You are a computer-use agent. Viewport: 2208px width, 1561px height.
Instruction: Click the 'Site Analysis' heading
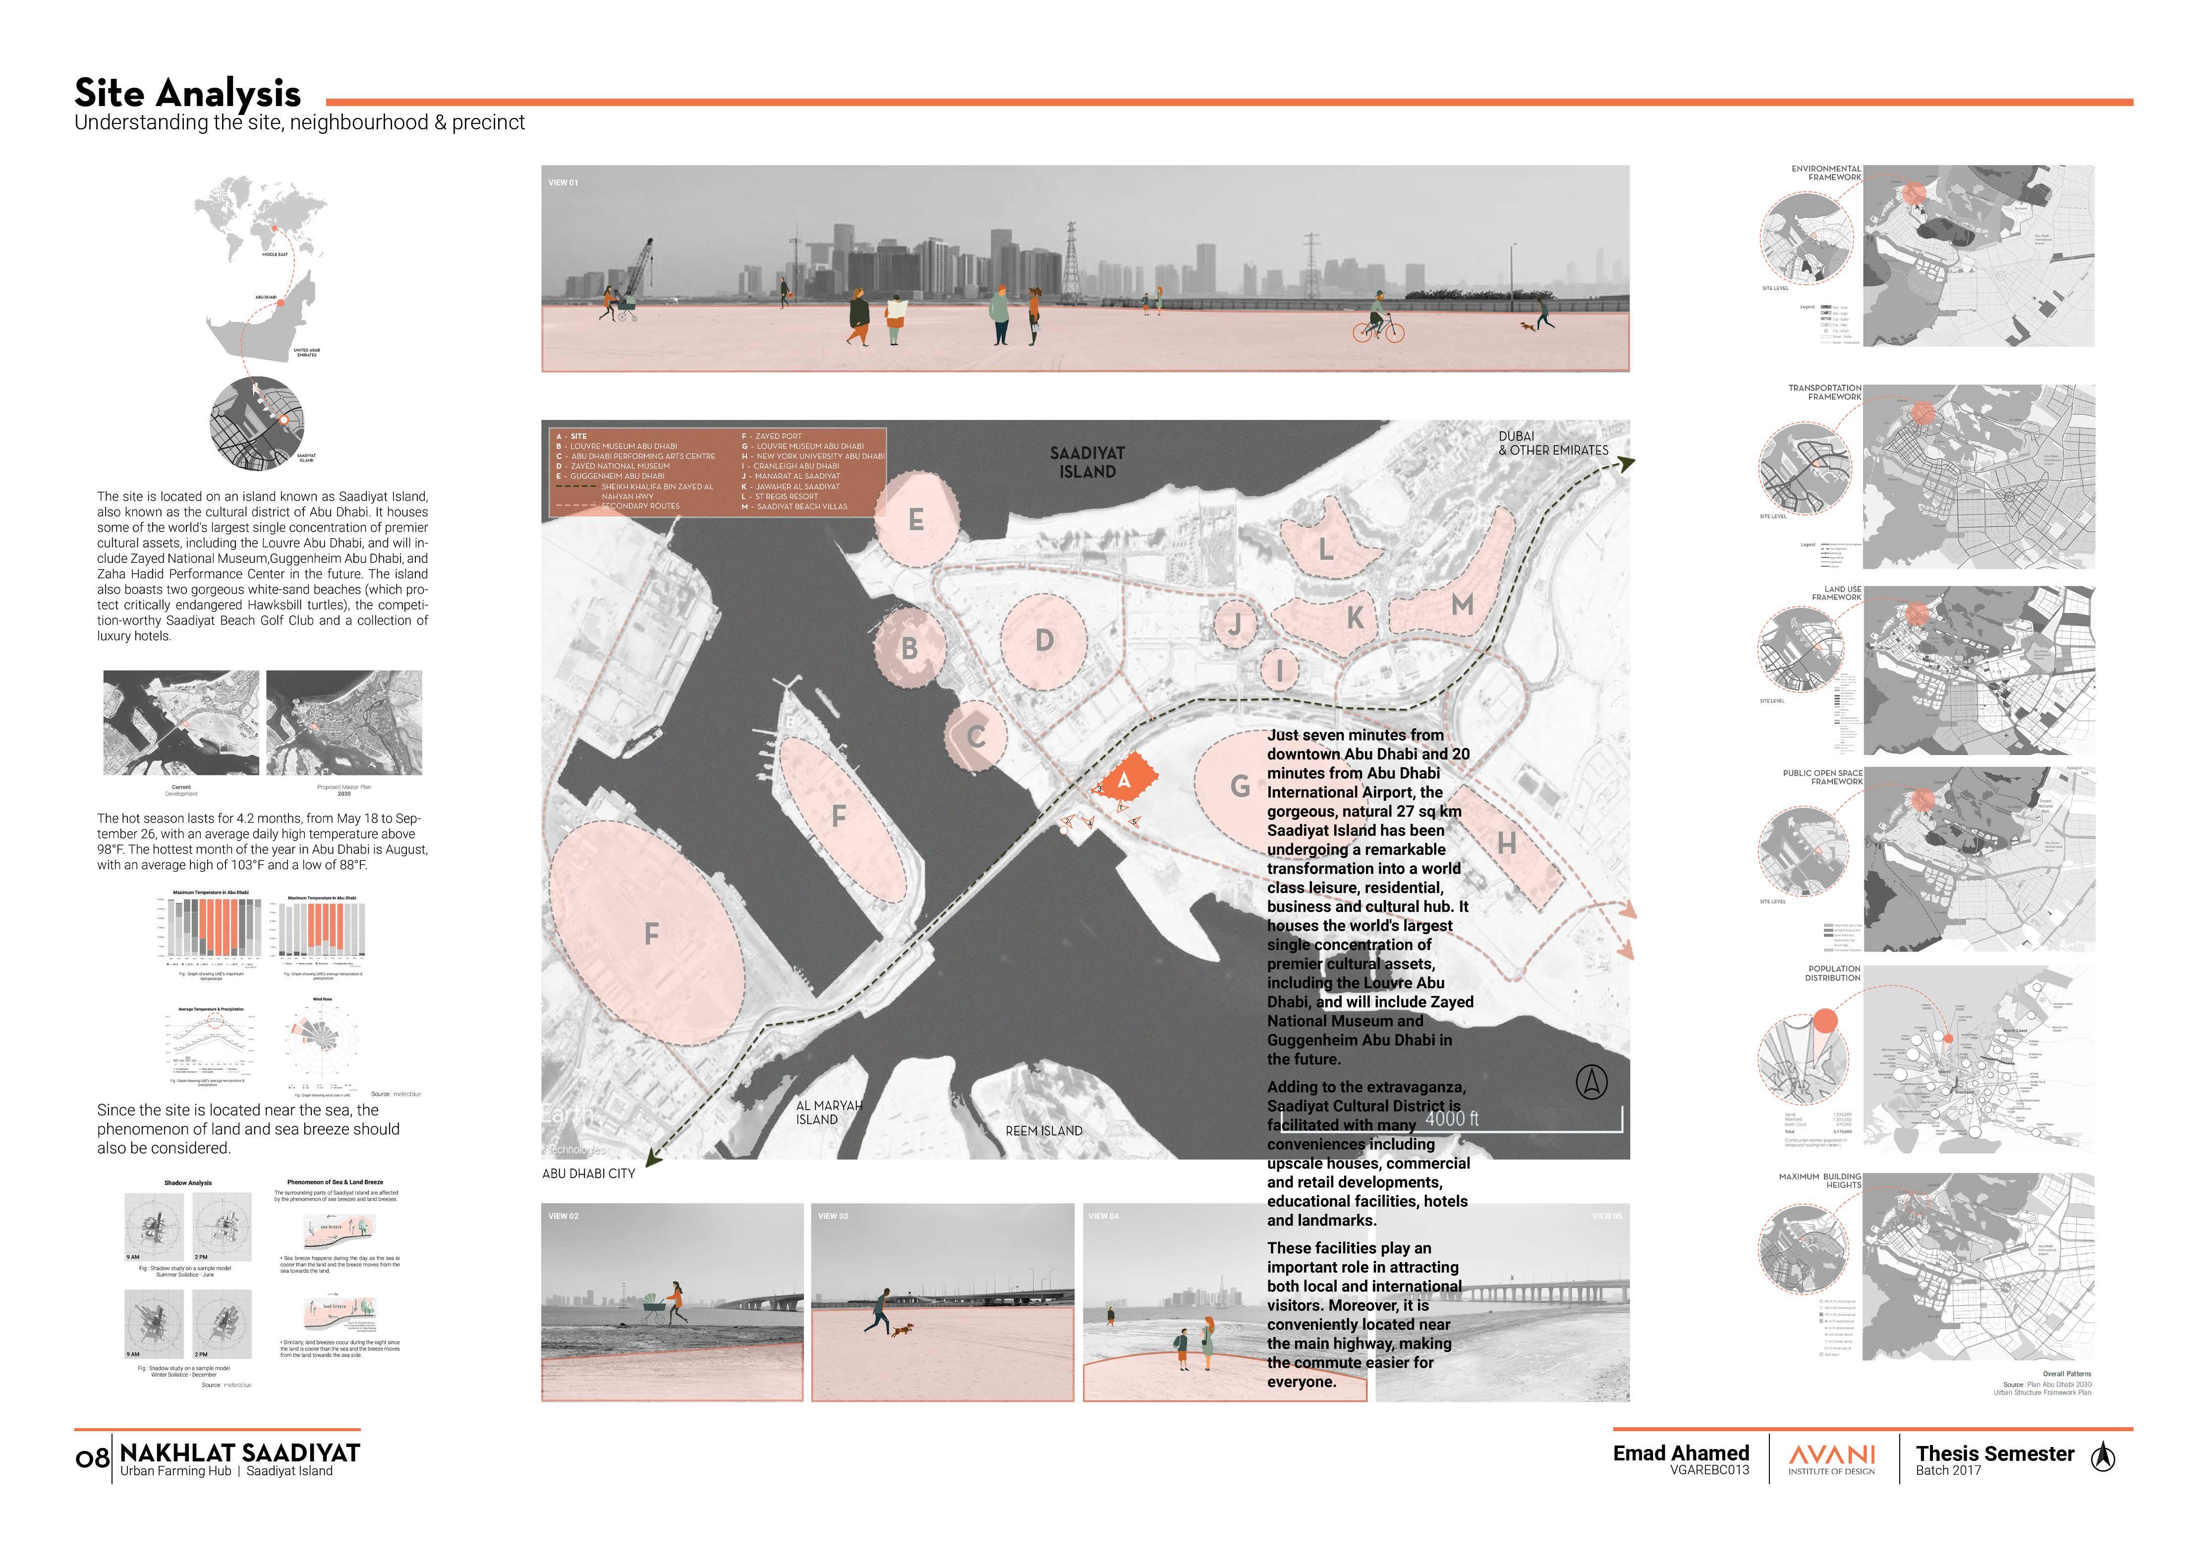[187, 93]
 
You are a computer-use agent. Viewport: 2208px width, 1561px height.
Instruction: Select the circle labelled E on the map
[916, 519]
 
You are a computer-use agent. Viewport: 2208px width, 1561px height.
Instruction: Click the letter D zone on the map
[1044, 641]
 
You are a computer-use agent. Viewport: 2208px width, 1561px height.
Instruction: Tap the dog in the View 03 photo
[903, 1330]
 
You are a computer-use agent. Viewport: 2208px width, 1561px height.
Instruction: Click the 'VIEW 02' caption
[564, 1217]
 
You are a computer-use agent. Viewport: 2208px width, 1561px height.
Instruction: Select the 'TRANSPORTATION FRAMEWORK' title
[1824, 392]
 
